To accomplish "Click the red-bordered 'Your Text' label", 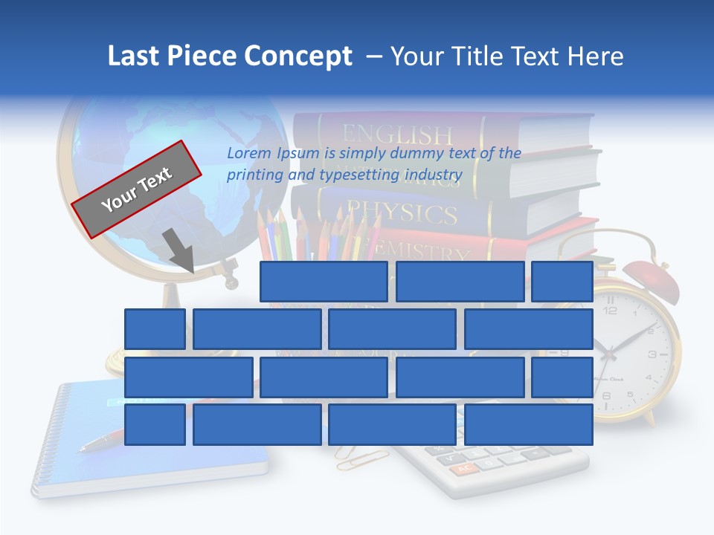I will (x=137, y=189).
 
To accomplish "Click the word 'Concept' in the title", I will (x=298, y=56).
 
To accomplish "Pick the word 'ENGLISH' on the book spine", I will (x=397, y=134).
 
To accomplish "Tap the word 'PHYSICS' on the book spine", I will (x=402, y=213).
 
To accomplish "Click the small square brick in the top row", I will (x=562, y=282).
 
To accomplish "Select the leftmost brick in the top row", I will (x=324, y=282).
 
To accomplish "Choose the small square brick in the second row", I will (x=155, y=329).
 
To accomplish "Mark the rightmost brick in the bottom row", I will (x=529, y=424).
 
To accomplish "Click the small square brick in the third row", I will (x=562, y=377).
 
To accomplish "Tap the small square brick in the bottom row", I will (x=155, y=424).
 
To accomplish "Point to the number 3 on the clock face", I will (x=652, y=355).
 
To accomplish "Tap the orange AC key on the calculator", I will (x=465, y=469).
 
